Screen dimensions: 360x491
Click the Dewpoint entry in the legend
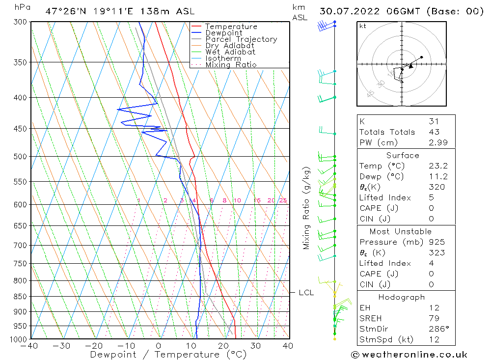pos(223,33)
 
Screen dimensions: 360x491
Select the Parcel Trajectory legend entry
pos(241,39)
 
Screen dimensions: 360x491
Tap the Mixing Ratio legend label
pos(231,65)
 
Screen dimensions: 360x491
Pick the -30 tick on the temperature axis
pos(61,346)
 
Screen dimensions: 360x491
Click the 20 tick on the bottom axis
pos(223,346)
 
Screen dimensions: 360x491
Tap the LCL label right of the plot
pos(306,293)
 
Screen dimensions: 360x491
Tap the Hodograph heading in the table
pos(402,297)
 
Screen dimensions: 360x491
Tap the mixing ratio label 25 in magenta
pos(283,200)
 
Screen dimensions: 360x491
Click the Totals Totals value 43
pos(434,132)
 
